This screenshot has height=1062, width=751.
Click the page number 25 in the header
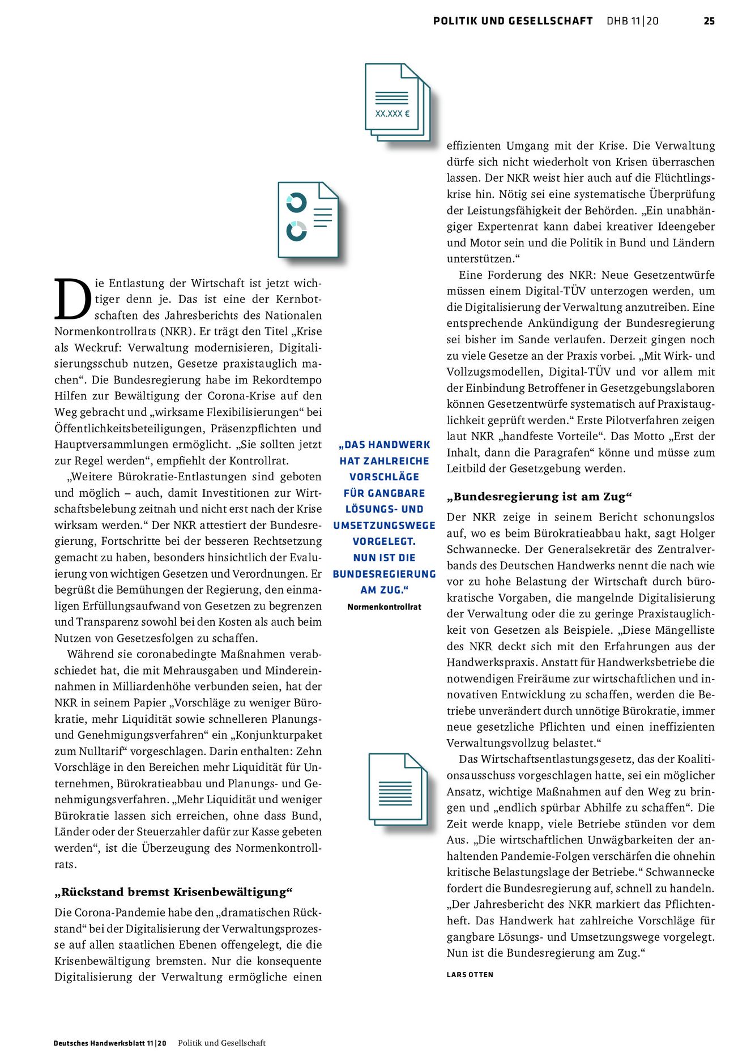point(709,21)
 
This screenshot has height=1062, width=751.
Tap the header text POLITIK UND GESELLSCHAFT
point(513,21)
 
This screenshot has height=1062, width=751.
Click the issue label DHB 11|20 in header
point(632,21)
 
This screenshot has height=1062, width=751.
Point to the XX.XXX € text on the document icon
point(392,113)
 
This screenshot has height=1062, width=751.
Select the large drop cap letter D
point(72,299)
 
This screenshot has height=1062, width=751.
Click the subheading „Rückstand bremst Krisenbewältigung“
point(173,892)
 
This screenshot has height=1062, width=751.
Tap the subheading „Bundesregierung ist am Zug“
point(539,497)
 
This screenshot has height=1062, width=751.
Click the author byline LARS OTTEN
point(470,975)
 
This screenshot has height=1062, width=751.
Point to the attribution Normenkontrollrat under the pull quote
point(384,607)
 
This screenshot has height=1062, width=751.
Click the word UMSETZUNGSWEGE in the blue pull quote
point(384,526)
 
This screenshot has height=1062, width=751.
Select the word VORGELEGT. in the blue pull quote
point(384,541)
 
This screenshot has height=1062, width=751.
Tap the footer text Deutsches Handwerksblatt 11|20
point(110,1043)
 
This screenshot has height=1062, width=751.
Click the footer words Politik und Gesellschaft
point(221,1043)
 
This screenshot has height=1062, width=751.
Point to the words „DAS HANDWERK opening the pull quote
point(384,445)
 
